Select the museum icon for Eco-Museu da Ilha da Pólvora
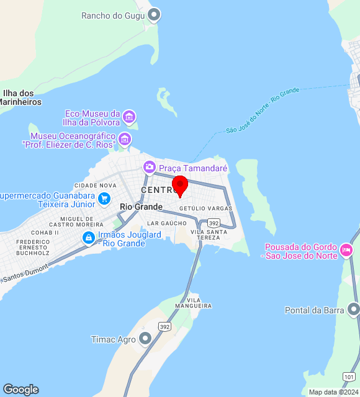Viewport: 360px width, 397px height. click(x=129, y=116)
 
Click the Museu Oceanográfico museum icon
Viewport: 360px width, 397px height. click(x=125, y=139)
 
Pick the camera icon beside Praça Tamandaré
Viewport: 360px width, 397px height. click(x=149, y=167)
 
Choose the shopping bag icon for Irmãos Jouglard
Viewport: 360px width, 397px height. click(x=89, y=238)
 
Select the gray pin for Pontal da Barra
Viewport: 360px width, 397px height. click(x=354, y=309)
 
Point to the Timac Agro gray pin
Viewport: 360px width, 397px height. click(x=145, y=338)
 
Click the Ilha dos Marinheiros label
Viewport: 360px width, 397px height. click(x=21, y=97)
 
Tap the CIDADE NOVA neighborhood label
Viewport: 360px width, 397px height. click(x=95, y=185)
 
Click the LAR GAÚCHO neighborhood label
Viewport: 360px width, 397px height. click(x=167, y=223)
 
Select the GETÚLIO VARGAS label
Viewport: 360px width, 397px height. click(x=205, y=208)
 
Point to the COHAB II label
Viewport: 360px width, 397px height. click(x=45, y=232)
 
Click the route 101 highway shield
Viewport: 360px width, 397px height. click(x=349, y=377)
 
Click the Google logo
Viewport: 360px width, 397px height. click(x=20, y=389)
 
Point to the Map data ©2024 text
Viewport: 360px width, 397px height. click(x=333, y=392)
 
